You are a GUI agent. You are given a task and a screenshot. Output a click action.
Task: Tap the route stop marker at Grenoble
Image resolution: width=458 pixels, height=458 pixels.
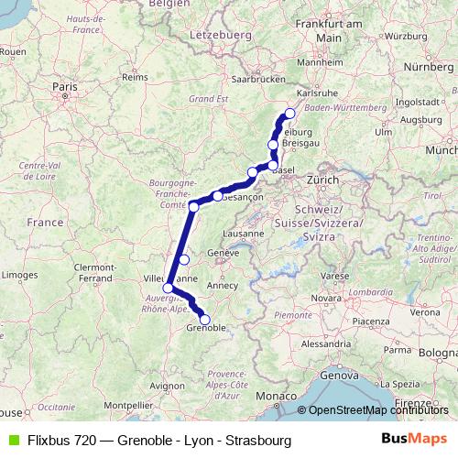coord(205,321)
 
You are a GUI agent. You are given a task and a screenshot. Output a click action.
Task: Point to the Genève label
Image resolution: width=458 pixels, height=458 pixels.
coord(224,253)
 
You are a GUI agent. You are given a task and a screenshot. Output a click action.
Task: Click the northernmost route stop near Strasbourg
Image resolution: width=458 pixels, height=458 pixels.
coord(289,114)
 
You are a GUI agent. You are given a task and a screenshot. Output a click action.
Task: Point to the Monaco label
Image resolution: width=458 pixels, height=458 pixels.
coord(272,395)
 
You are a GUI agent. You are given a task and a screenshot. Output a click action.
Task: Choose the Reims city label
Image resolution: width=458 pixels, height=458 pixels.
coord(134,78)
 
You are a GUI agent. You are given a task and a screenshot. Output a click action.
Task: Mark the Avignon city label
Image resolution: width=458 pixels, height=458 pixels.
coord(167,387)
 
